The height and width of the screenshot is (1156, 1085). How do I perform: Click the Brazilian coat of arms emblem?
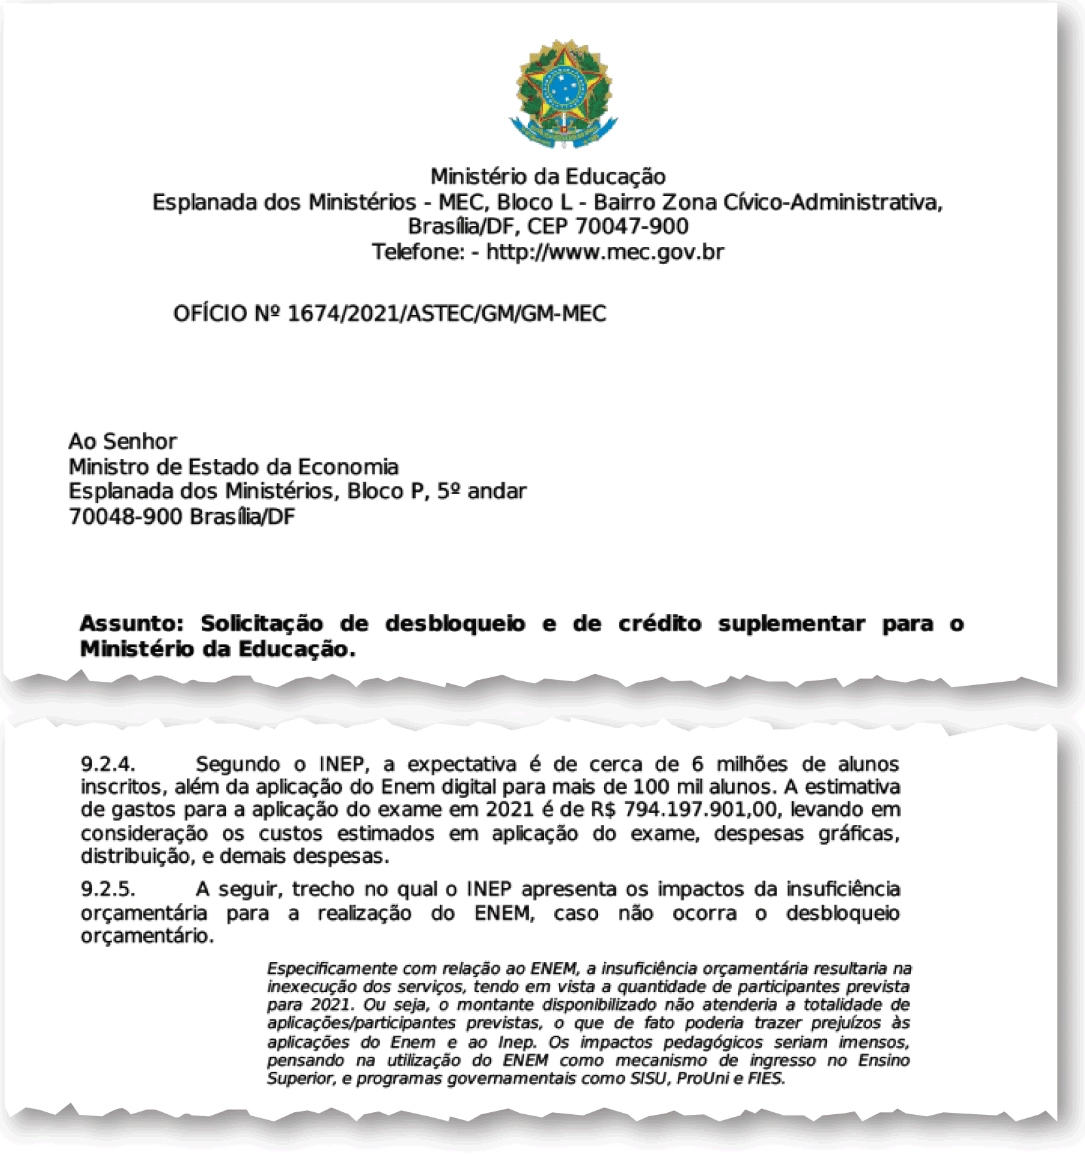click(x=563, y=93)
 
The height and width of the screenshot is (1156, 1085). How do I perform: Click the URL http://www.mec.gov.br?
click(x=605, y=252)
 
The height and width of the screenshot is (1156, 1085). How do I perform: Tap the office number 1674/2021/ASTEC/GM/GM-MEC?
click(x=446, y=314)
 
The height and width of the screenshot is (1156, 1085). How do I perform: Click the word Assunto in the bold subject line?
click(x=131, y=624)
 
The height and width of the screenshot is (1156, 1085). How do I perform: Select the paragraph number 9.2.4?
click(x=108, y=764)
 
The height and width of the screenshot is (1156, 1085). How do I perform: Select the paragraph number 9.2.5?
click(x=108, y=890)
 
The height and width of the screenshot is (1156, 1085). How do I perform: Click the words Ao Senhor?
click(x=123, y=442)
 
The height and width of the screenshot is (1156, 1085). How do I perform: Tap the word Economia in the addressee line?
click(x=348, y=467)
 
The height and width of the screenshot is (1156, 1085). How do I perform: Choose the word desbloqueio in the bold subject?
click(x=455, y=624)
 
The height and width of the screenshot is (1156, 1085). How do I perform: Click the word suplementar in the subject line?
click(x=791, y=624)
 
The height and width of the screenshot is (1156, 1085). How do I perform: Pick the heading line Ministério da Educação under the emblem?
click(x=548, y=177)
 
